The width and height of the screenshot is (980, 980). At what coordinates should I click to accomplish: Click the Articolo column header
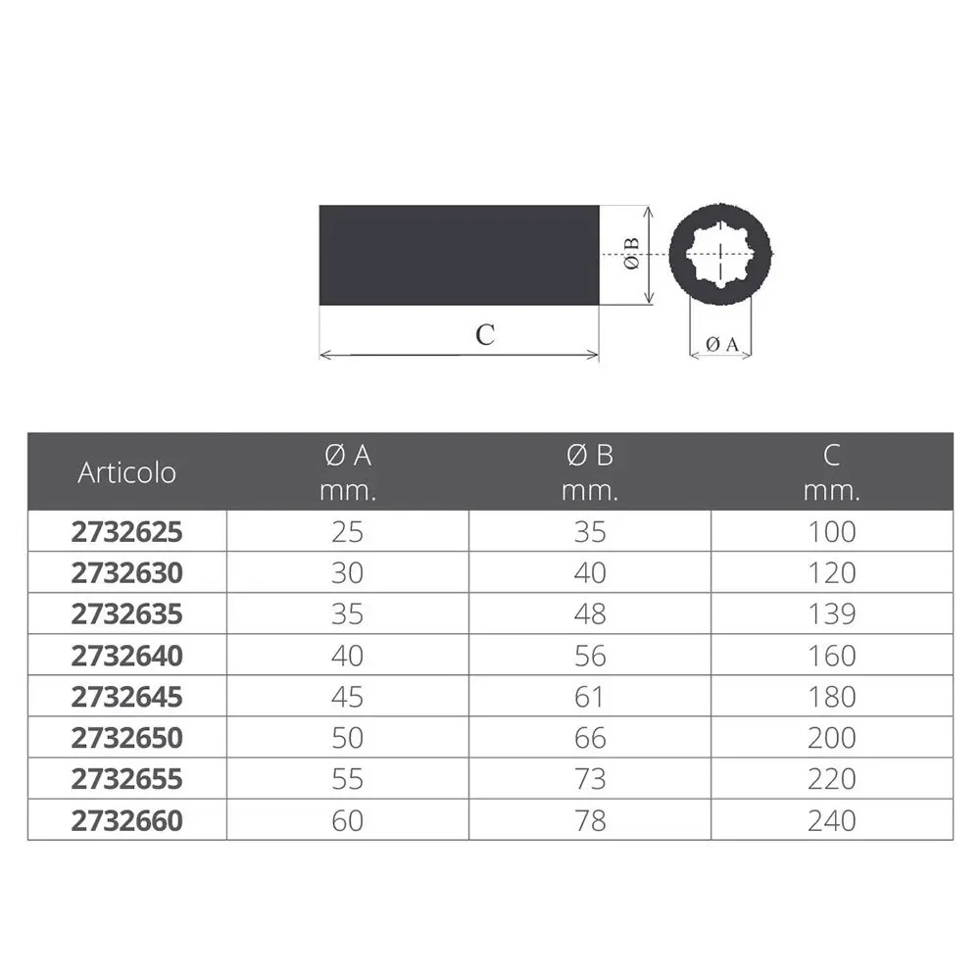126,472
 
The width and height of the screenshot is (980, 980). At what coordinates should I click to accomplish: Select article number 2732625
126,532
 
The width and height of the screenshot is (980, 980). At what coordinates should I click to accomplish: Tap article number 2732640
126,656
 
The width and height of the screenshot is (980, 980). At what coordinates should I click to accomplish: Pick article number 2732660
126,820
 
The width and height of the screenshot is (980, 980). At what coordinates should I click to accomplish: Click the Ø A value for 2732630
348,573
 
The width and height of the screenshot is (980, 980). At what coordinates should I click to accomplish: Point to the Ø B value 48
590,614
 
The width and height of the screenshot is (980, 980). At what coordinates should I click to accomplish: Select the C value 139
832,614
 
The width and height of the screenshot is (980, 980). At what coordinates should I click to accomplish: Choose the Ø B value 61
589,697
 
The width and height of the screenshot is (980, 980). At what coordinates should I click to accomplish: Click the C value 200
832,738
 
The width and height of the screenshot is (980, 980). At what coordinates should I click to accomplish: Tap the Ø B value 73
590,779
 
